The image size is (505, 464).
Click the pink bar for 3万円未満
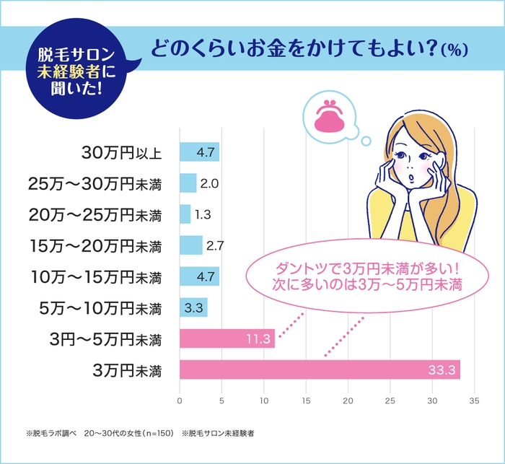click(x=320, y=369)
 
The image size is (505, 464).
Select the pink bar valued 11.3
click(x=227, y=338)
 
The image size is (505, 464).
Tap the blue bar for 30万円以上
click(x=199, y=152)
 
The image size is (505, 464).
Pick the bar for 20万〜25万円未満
click(x=185, y=214)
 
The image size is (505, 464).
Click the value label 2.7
click(x=215, y=245)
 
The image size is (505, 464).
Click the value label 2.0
click(x=209, y=183)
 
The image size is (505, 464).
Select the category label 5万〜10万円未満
click(x=99, y=308)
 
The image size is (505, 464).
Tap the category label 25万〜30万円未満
click(x=94, y=183)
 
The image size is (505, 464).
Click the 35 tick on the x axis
click(x=475, y=398)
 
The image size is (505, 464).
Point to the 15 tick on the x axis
click(x=306, y=398)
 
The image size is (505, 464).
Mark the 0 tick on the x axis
click(x=180, y=398)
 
